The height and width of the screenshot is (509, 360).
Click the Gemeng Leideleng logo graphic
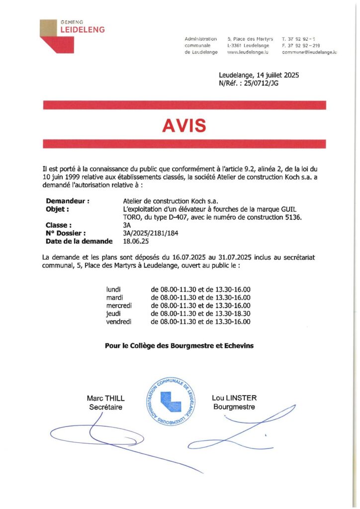pos(57,36)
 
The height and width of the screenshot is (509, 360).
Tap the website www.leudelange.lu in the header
pos(248,52)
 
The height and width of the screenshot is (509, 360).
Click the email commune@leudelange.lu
pos(309,52)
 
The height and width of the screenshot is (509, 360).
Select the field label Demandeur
pos(67,201)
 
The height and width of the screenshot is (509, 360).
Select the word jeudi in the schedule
pos(113,314)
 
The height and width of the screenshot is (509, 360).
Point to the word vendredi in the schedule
pos(118,322)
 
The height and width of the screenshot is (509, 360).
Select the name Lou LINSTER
pos(234,398)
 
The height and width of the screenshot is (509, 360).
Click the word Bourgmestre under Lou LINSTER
pos(234,407)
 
